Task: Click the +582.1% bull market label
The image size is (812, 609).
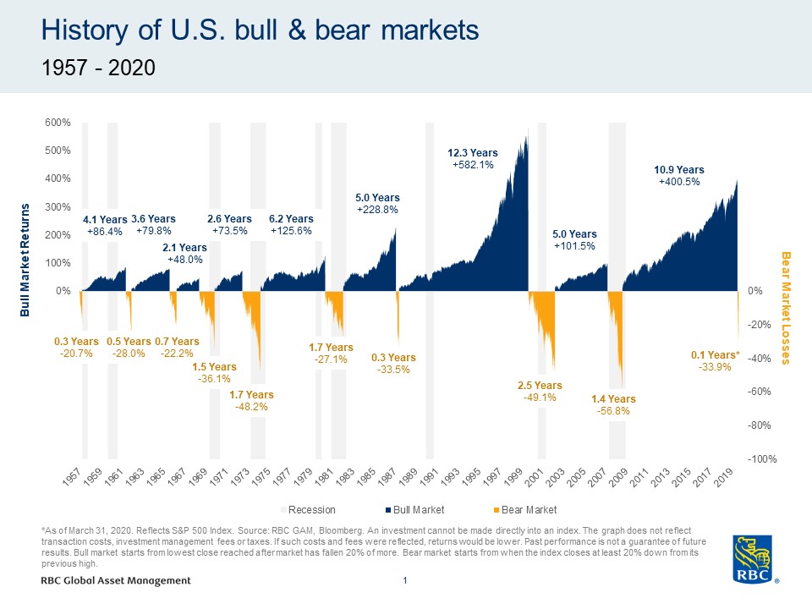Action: coord(473,165)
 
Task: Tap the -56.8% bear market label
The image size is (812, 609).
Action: coord(613,412)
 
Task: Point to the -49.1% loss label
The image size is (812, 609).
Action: coord(540,398)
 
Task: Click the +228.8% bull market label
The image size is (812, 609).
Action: coord(376,209)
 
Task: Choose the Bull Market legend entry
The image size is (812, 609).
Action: coord(414,510)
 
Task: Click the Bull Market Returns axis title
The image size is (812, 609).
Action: coord(25,260)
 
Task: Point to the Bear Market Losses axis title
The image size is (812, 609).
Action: coord(785,308)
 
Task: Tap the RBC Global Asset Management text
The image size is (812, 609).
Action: coord(115,580)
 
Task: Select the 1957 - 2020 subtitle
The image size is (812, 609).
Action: coord(99,69)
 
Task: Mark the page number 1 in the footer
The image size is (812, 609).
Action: coord(406,580)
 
